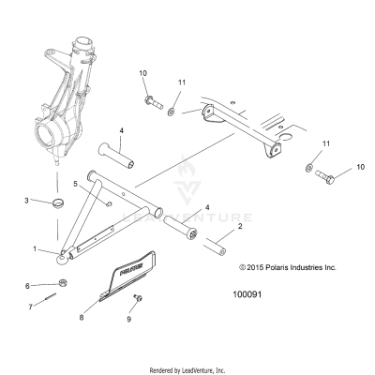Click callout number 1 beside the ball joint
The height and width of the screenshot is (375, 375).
[x=36, y=249]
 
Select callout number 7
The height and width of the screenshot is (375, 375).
[x=30, y=306]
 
